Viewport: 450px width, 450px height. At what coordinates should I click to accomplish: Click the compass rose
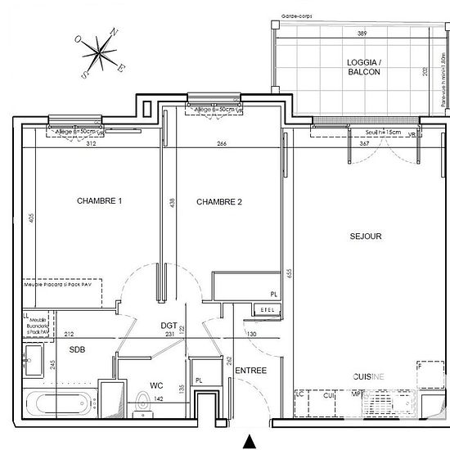(100, 55)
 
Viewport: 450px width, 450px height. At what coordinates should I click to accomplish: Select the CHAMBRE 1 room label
(100, 201)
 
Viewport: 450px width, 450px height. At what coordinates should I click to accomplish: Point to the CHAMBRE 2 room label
(218, 201)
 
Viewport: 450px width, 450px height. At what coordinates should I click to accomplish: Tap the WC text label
(157, 384)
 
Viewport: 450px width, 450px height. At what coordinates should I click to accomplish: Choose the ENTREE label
(251, 371)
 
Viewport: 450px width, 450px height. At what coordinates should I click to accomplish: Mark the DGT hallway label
(169, 325)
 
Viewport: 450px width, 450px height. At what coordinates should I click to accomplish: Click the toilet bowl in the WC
(144, 403)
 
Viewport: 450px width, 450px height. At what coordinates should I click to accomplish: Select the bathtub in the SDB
(60, 403)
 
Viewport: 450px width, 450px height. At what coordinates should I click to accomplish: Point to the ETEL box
(267, 310)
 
